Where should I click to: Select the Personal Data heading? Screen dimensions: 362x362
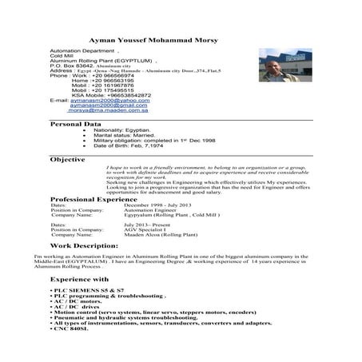tap(76, 125)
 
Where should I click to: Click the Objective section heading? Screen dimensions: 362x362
tap(69, 160)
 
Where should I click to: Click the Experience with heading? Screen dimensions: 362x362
tap(81, 279)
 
